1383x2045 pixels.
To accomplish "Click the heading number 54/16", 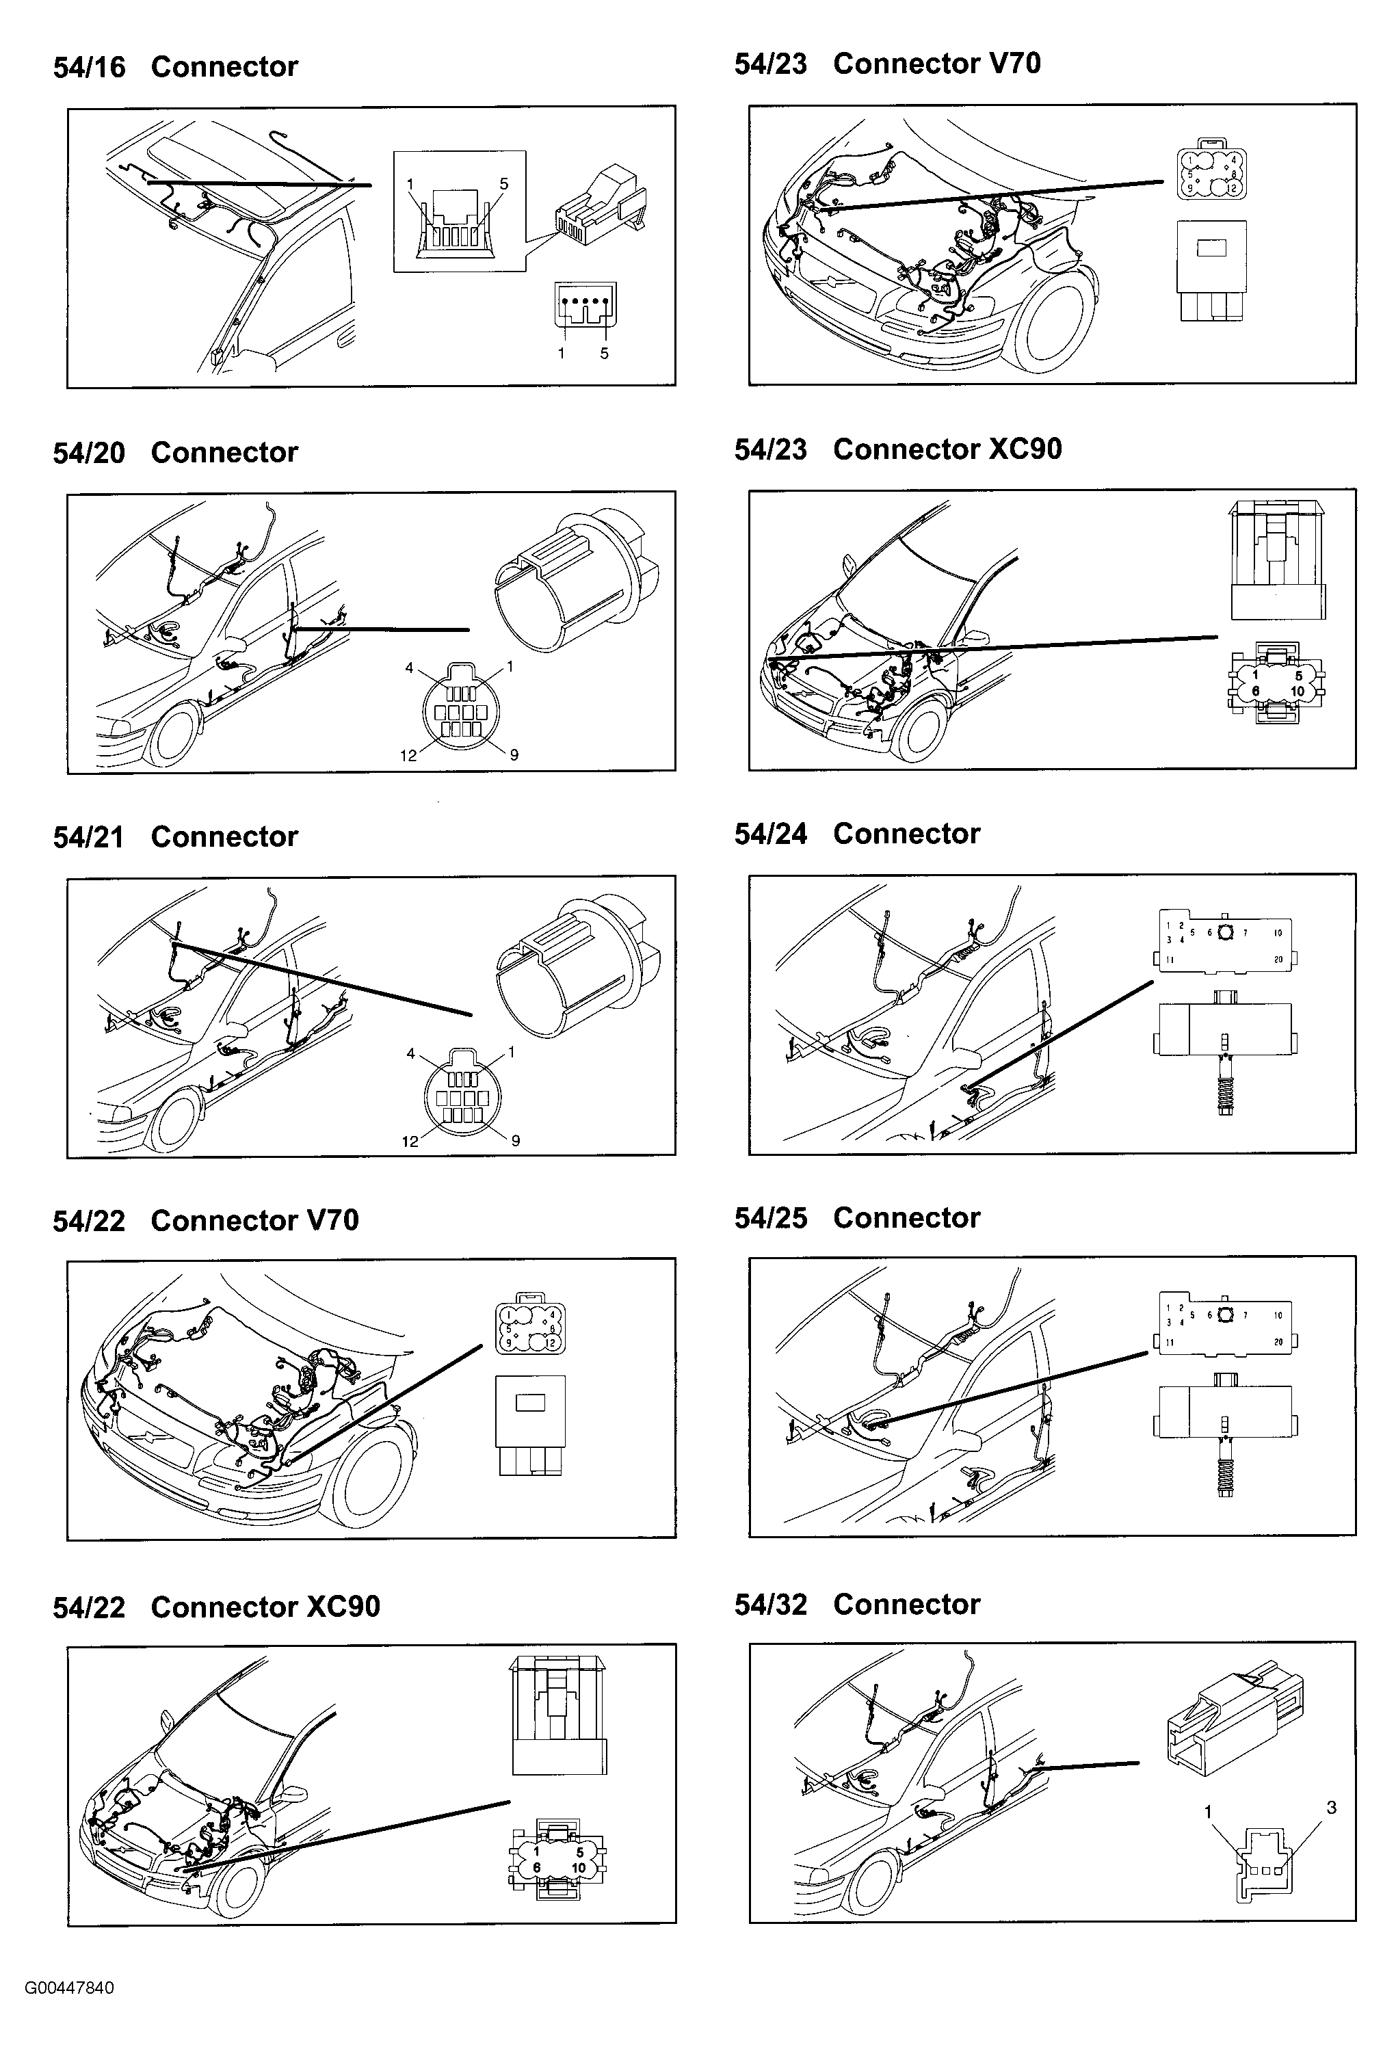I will click(89, 68).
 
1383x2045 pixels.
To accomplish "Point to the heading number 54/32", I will click(771, 1604).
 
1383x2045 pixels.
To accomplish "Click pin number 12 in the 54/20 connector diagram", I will click(408, 756).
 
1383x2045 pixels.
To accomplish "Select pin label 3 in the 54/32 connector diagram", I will click(1331, 1808).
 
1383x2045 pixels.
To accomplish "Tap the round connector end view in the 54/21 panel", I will click(462, 1097).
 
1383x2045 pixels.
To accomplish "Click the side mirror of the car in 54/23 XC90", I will click(974, 637).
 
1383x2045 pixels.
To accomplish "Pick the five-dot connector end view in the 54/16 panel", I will click(585, 305).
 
